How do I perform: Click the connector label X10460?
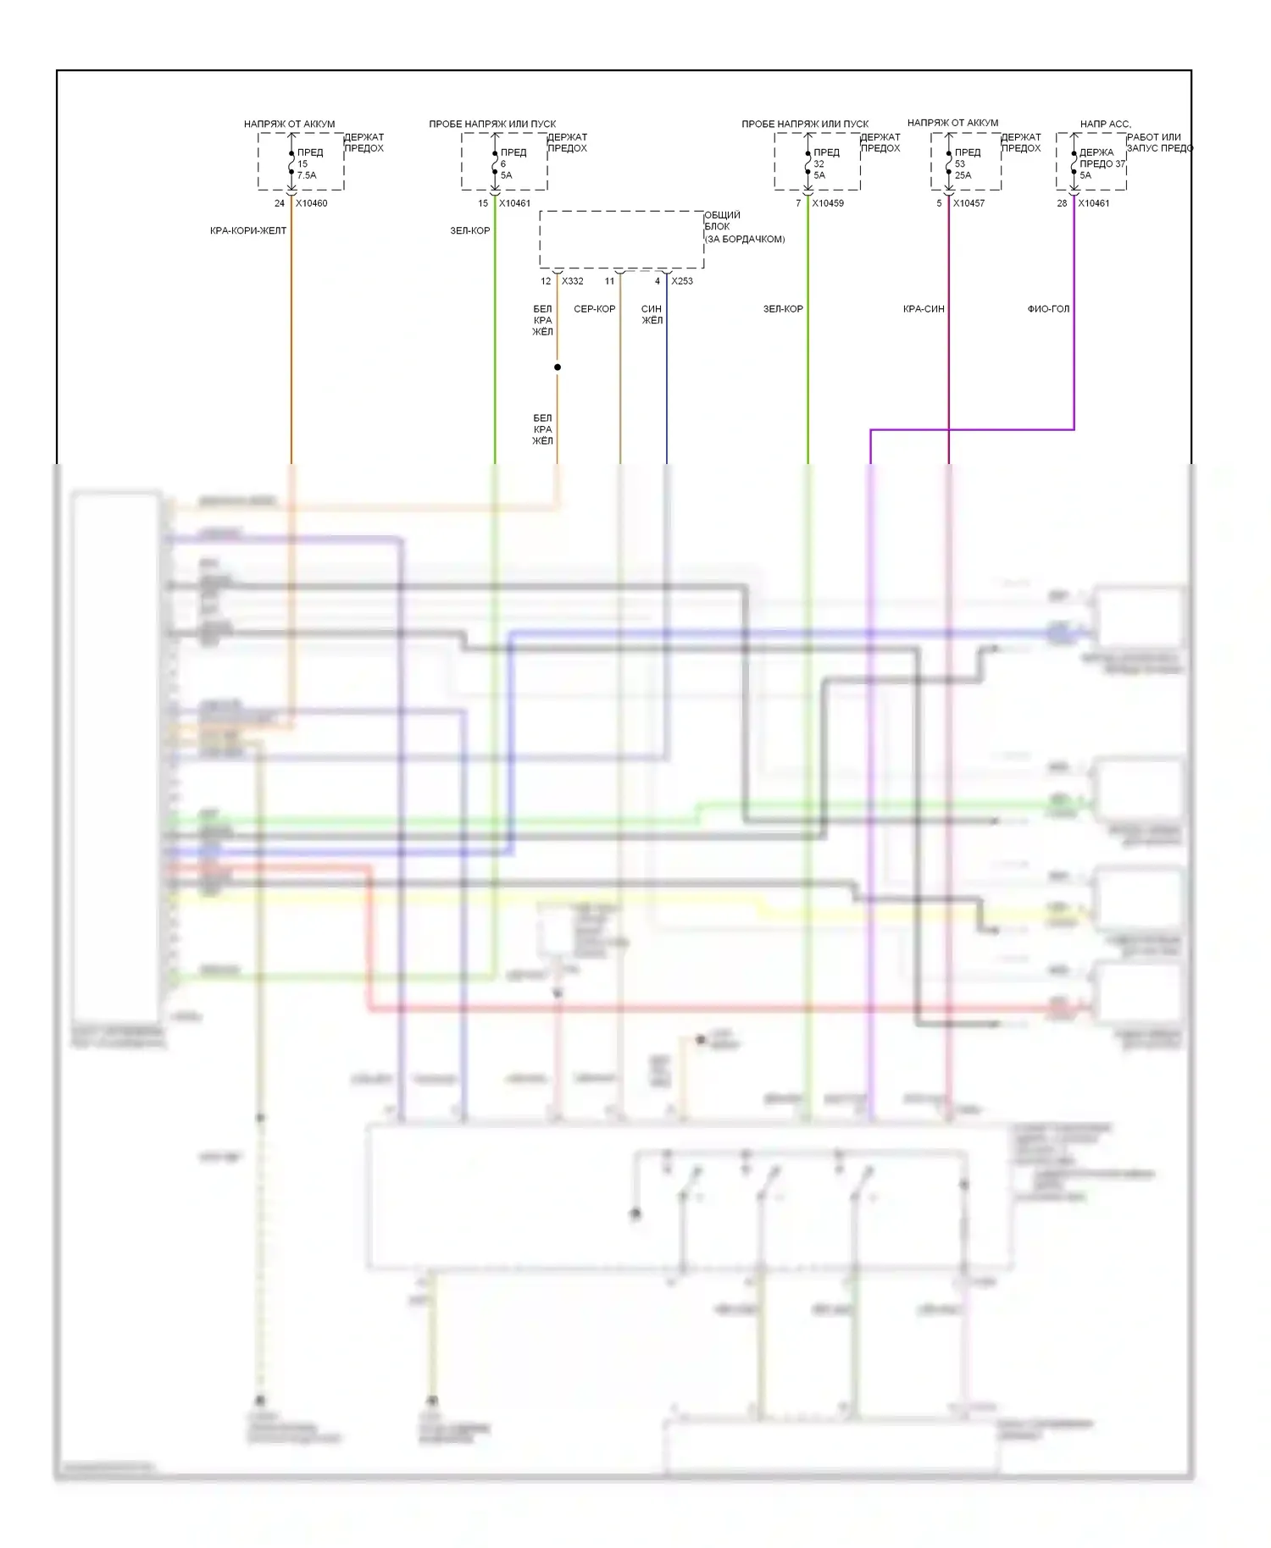(311, 203)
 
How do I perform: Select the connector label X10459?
(827, 203)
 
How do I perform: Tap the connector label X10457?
(969, 203)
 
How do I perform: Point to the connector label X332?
(572, 281)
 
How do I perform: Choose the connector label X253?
(681, 281)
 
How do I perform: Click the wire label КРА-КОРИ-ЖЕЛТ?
(248, 230)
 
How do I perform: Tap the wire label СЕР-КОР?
(595, 309)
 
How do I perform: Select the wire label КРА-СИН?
(924, 309)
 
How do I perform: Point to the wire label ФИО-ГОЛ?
(1048, 309)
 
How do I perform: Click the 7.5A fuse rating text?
(307, 175)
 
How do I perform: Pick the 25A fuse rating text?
(963, 175)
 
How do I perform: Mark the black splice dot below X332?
(558, 368)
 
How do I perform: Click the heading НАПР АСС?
(1105, 124)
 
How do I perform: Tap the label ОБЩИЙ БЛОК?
(722, 221)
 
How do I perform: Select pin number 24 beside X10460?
(280, 203)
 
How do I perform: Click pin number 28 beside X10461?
(1062, 203)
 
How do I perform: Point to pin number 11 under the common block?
(609, 281)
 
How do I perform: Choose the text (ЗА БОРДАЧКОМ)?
(745, 240)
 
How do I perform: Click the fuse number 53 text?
(960, 164)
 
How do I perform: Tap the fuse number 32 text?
(819, 164)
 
